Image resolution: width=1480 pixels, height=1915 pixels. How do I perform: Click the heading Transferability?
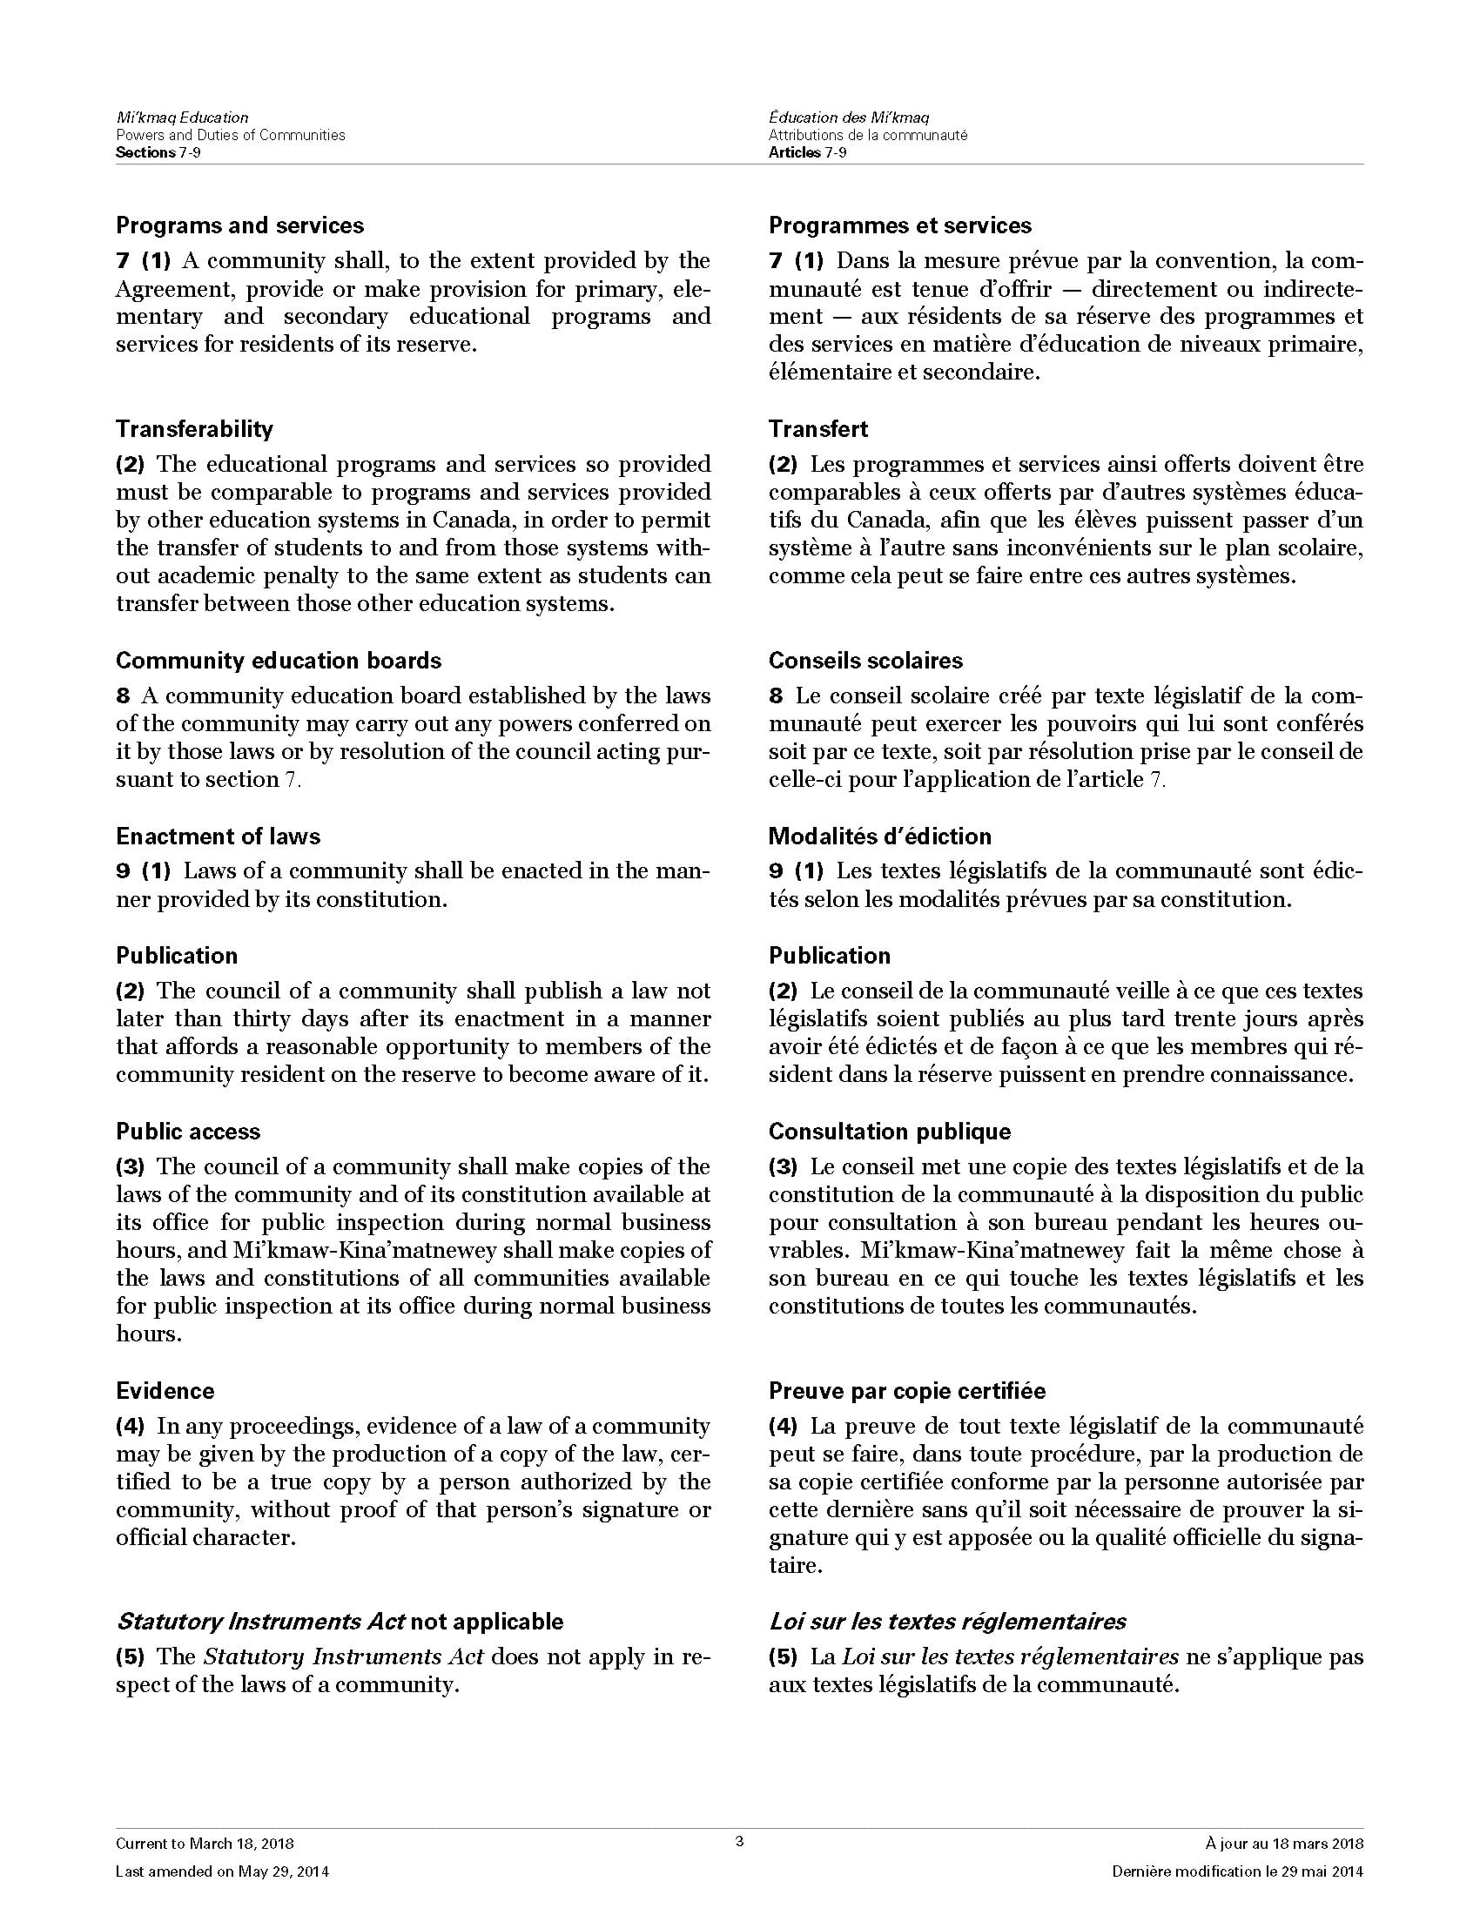(194, 429)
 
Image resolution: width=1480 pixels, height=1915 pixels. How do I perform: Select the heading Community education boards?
(278, 661)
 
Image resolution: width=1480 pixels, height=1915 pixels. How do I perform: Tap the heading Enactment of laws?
(218, 836)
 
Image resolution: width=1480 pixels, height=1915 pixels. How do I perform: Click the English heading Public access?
(188, 1131)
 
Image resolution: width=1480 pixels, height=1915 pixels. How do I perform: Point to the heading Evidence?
(165, 1391)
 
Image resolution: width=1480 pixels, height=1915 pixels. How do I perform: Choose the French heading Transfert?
(817, 429)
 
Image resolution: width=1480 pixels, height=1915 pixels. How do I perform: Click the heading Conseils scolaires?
(864, 661)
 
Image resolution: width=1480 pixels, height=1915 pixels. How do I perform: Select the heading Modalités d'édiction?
(879, 836)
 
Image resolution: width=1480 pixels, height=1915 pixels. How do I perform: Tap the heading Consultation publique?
(889, 1131)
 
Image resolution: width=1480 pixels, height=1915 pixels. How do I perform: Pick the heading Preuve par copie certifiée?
(906, 1391)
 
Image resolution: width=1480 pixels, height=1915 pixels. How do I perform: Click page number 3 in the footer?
(739, 1841)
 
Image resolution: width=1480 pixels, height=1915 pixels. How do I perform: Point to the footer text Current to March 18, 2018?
(205, 1844)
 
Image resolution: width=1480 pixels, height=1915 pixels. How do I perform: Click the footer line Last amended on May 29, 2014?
(222, 1872)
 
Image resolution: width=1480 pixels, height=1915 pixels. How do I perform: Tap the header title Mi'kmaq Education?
(181, 118)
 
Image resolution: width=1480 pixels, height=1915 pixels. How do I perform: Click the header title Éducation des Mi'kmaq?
(849, 118)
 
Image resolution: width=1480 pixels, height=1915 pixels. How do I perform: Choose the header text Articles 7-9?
(807, 152)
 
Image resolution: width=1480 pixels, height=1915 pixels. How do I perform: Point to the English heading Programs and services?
(239, 225)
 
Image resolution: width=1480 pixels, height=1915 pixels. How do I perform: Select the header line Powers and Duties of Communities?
(230, 135)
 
